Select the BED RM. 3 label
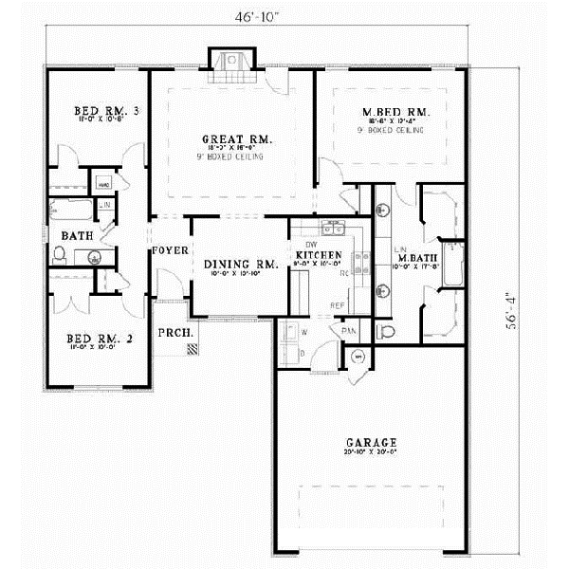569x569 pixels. (106, 112)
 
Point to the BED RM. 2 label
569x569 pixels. (94, 339)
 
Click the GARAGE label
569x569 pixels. (372, 443)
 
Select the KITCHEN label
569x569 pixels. (313, 256)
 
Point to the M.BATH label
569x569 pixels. (414, 258)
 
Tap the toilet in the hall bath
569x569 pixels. (60, 254)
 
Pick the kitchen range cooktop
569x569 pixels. (361, 257)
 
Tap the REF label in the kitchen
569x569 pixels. (336, 305)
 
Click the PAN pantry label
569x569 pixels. (350, 329)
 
